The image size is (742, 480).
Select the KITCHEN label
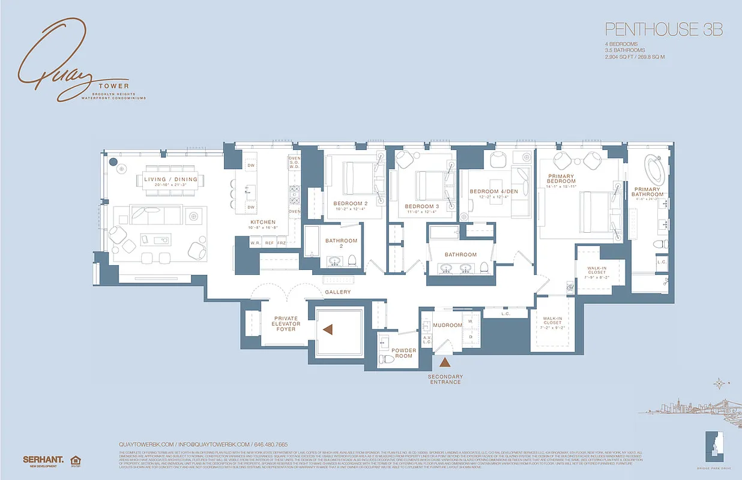pos(262,222)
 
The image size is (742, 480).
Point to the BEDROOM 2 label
pos(351,203)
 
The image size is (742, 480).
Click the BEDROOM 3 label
pos(421,206)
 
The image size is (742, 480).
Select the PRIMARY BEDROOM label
pos(561,179)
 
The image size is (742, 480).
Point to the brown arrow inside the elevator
pos(328,329)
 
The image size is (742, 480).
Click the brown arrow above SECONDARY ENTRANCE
pos(445,362)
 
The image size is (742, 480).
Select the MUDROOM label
pos(447,325)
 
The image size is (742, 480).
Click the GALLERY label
pos(337,292)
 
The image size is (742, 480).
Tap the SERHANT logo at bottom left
pos(43,460)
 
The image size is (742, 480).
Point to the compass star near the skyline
pos(719,384)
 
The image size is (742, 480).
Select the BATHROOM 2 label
pos(341,244)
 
